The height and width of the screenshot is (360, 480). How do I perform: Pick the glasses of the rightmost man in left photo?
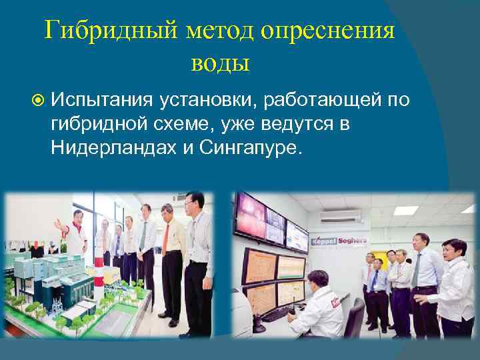194,204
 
